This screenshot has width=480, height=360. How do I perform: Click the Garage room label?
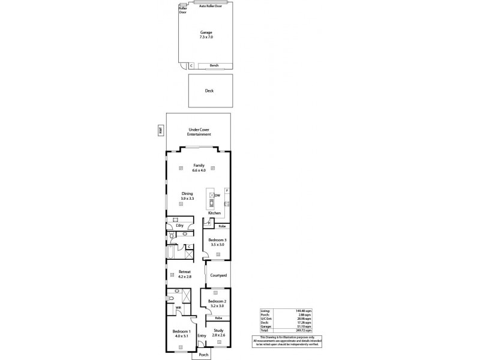coord(206,32)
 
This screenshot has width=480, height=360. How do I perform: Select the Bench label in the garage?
coord(214,65)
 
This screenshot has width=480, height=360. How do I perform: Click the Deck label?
coord(209,91)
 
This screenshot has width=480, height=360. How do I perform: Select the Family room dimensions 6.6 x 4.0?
coord(199,170)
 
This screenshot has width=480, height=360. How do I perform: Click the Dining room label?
coord(187,193)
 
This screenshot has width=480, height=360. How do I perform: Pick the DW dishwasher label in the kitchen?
coord(218,196)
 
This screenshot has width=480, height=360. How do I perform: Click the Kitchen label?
coord(214,213)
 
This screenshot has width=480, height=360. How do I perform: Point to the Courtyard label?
coord(218,275)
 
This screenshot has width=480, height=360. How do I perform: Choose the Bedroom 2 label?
coord(217,301)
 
